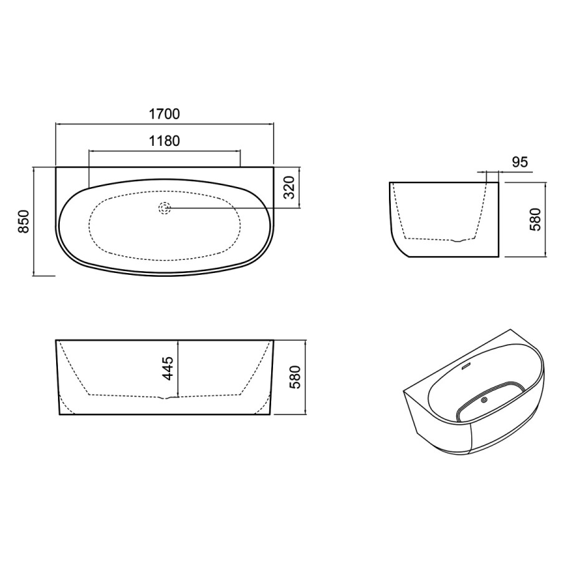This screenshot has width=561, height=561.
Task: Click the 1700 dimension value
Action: point(164,114)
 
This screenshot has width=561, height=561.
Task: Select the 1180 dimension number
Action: point(164,141)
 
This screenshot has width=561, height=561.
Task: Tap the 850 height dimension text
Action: point(24,221)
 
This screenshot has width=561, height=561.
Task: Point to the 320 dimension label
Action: point(289,187)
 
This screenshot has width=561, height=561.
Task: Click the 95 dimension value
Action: point(520,162)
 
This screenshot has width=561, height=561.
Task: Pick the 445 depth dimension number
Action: point(168,368)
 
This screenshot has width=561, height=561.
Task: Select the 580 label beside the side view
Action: point(535,219)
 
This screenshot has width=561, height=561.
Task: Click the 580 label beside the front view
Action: point(295,377)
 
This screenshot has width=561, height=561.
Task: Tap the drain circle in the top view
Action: point(165,208)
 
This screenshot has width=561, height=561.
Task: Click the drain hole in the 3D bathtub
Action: point(485,400)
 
